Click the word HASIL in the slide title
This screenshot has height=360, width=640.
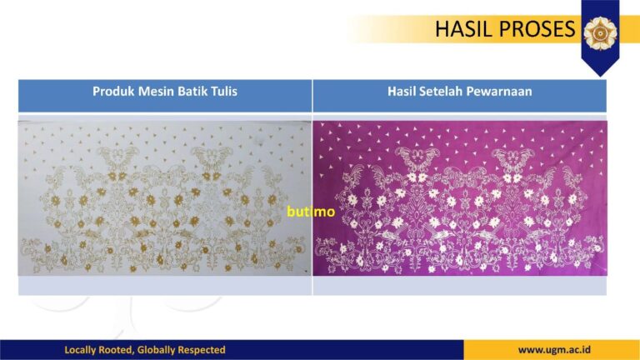coord(463,29)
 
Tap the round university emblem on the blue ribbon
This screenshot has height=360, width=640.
coord(600,33)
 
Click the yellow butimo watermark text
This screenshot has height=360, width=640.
coord(311,212)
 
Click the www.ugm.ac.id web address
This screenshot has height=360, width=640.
coord(554,350)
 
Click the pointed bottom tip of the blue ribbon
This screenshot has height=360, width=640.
coord(600,76)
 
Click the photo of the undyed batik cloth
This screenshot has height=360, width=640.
coord(164,198)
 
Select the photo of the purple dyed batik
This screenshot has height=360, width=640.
coord(460,198)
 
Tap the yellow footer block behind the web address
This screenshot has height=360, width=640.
coord(552,350)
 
